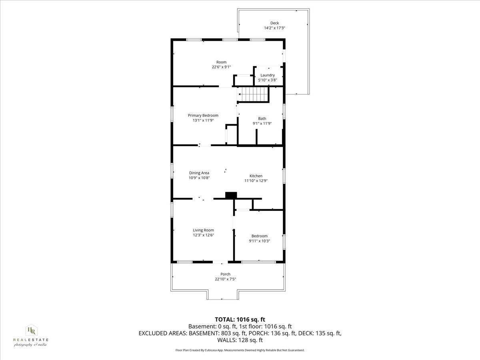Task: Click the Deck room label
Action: click(x=274, y=23)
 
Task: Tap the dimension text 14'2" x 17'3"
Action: click(x=274, y=28)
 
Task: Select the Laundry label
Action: click(x=268, y=75)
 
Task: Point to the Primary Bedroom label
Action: click(x=203, y=115)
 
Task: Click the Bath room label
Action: click(x=262, y=118)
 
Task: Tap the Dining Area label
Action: click(x=199, y=173)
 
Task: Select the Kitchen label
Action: click(x=256, y=176)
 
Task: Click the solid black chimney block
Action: click(x=231, y=195)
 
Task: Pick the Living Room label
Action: click(x=203, y=230)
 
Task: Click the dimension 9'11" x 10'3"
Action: click(x=259, y=241)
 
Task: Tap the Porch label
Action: click(x=225, y=274)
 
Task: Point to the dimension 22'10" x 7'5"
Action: click(x=225, y=279)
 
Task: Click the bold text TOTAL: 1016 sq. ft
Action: click(x=240, y=319)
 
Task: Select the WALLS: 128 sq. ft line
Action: click(x=240, y=340)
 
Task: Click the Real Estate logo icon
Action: click(x=30, y=330)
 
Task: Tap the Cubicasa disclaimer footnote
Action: click(x=240, y=350)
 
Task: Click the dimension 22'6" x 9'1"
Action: click(x=221, y=67)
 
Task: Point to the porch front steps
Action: click(x=223, y=295)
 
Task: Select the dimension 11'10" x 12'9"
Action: click(x=256, y=181)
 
